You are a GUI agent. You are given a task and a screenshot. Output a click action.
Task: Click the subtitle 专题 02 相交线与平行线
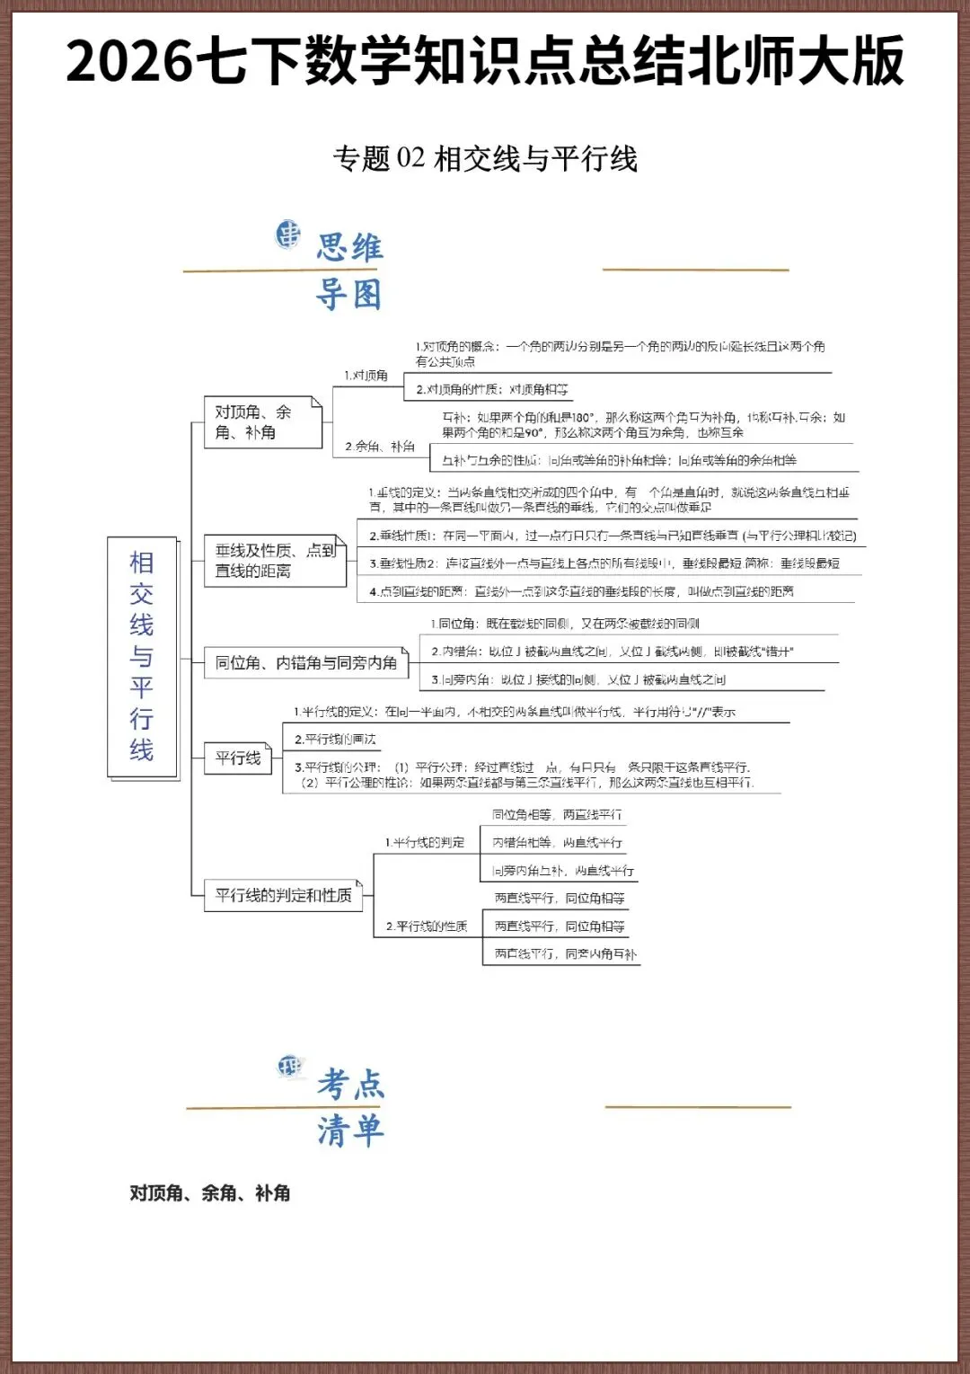(485, 159)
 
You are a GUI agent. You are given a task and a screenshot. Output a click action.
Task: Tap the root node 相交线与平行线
(142, 656)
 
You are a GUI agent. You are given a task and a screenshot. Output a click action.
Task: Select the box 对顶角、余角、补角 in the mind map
(262, 422)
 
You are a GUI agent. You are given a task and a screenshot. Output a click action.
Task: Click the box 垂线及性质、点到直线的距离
(275, 561)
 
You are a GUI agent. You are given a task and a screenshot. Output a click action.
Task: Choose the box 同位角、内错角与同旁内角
(305, 663)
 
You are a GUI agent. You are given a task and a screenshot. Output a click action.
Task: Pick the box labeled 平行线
(238, 758)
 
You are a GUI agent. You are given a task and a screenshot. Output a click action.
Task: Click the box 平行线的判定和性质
(283, 895)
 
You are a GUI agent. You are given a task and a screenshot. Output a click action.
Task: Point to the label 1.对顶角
(366, 376)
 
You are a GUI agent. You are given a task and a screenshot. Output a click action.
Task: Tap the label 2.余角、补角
(380, 447)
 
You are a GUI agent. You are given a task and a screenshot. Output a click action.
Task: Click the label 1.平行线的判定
(425, 843)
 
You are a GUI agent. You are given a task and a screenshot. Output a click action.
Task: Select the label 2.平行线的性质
(427, 926)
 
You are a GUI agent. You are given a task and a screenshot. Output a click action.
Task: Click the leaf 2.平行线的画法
(335, 740)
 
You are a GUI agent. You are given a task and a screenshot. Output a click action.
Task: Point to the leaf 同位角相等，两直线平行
(557, 815)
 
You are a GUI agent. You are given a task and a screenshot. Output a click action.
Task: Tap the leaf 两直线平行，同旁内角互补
(565, 954)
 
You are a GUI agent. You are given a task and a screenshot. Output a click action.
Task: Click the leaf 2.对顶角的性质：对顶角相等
(491, 390)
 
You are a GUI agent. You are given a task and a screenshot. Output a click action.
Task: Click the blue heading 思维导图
(349, 270)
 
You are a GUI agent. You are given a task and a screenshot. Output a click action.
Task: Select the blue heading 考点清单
(350, 1107)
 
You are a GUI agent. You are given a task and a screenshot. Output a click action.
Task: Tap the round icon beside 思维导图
(287, 235)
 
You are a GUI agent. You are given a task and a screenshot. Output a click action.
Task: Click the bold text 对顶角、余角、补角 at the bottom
(209, 1193)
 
